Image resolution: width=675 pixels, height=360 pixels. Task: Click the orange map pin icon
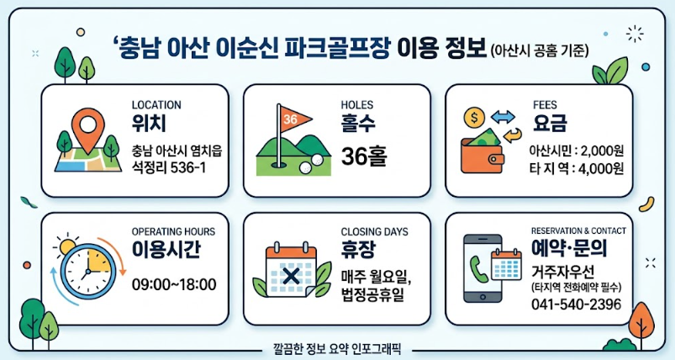[87, 129]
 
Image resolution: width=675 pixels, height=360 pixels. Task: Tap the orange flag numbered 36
[294, 118]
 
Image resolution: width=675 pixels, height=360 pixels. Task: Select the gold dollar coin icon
[474, 117]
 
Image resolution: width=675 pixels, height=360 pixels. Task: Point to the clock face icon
[87, 272]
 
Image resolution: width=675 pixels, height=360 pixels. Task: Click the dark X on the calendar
[292, 276]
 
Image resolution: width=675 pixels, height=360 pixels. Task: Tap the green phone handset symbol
[477, 268]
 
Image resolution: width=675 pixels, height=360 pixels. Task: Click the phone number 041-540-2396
[577, 304]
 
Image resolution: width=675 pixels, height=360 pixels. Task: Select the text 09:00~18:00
[174, 284]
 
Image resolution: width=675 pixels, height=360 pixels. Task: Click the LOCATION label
[156, 104]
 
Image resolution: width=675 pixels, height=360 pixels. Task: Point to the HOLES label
[357, 104]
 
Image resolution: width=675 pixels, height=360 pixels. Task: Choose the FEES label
[545, 104]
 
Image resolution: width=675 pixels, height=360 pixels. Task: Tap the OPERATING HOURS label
[173, 231]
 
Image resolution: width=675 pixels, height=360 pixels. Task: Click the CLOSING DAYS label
[375, 231]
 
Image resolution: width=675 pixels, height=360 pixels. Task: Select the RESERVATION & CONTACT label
[578, 230]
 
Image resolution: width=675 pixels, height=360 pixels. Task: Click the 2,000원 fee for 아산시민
[602, 151]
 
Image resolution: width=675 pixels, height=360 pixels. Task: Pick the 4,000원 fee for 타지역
[602, 168]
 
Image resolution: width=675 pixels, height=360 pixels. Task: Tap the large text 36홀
[364, 156]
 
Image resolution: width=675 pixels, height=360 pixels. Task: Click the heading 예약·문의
[569, 248]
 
